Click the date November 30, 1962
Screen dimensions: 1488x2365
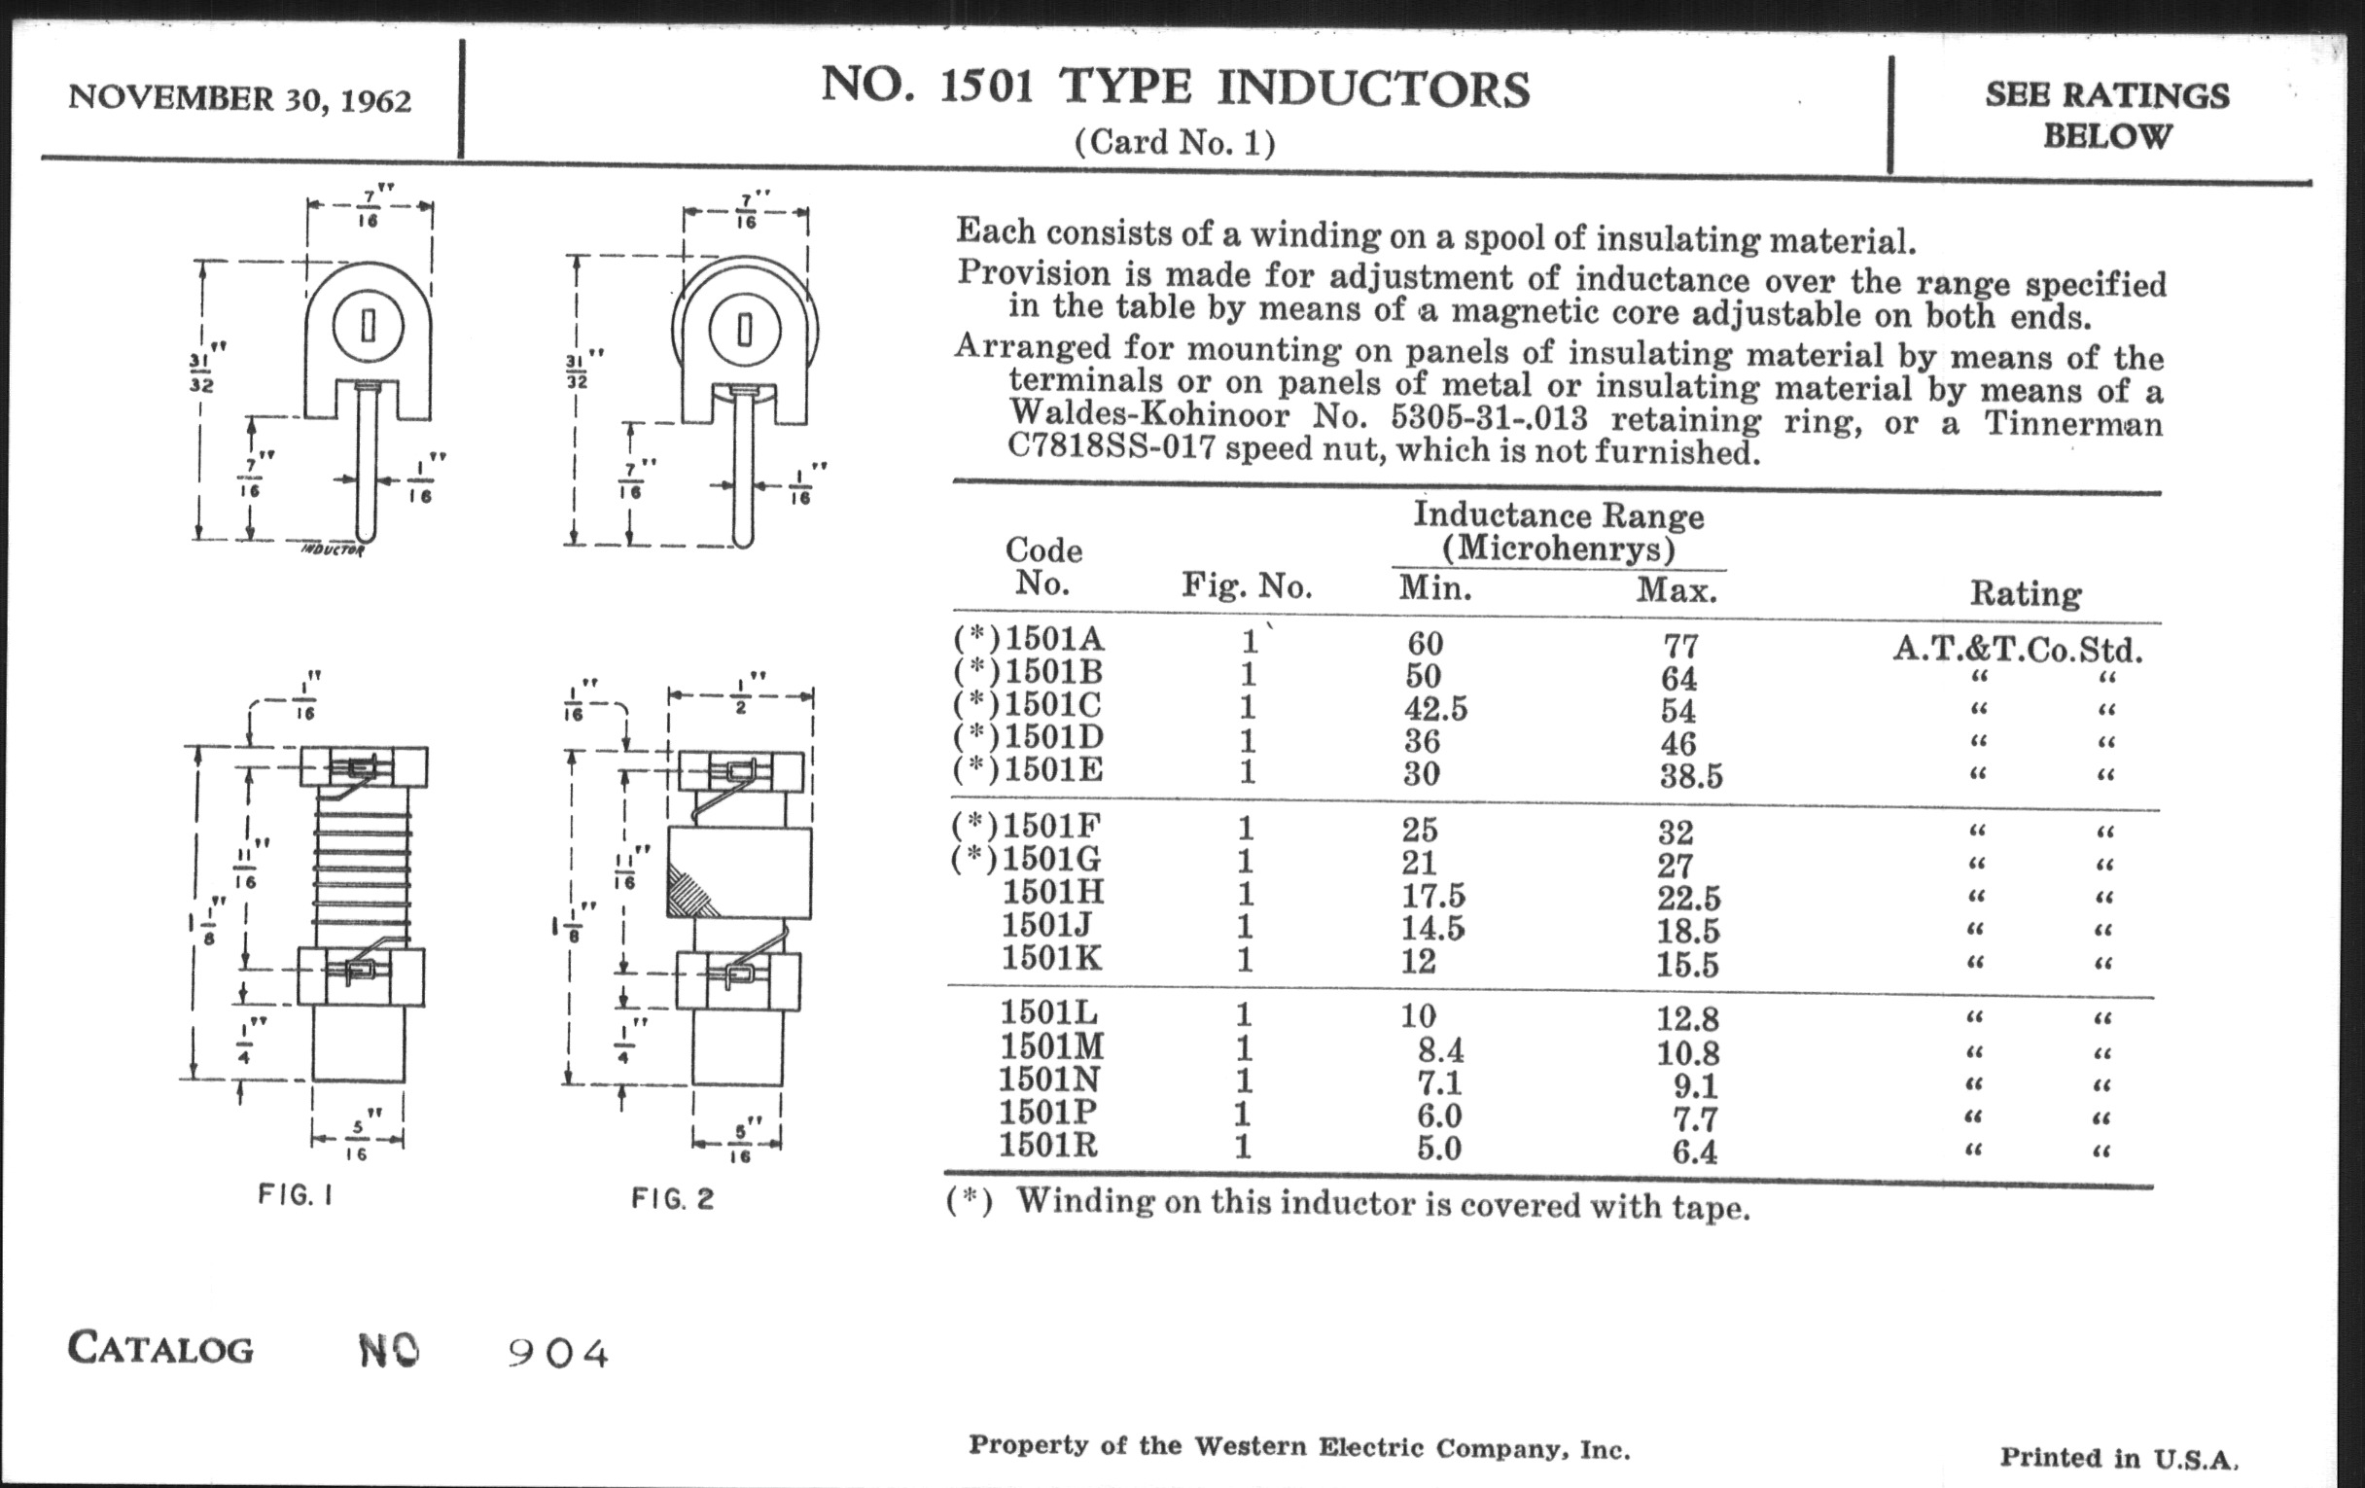[x=239, y=99]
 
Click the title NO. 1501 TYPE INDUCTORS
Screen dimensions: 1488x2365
[x=1175, y=88]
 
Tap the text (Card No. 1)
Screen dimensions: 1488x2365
[x=1175, y=143]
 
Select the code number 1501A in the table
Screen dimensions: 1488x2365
[x=1054, y=639]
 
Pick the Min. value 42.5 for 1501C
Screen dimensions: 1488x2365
[x=1435, y=708]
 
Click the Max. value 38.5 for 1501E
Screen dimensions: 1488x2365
[x=1690, y=776]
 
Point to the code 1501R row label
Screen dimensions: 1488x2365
[x=1048, y=1146]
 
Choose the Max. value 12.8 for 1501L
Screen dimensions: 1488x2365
[x=1689, y=1019]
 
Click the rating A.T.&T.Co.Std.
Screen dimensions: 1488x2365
[x=2017, y=650]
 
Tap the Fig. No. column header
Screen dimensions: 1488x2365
[x=1247, y=586]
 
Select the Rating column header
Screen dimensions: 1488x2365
[x=2026, y=593]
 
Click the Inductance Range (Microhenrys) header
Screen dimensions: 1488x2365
[x=1558, y=531]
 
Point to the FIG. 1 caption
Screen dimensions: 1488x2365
[x=296, y=1194]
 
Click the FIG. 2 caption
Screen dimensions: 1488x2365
[x=673, y=1198]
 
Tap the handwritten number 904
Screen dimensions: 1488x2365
[x=558, y=1355]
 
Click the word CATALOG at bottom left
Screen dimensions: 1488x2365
[x=160, y=1349]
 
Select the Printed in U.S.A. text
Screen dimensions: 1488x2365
[x=2118, y=1457]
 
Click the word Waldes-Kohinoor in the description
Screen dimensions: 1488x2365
[x=1148, y=415]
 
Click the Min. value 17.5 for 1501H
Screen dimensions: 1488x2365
[x=1433, y=896]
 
